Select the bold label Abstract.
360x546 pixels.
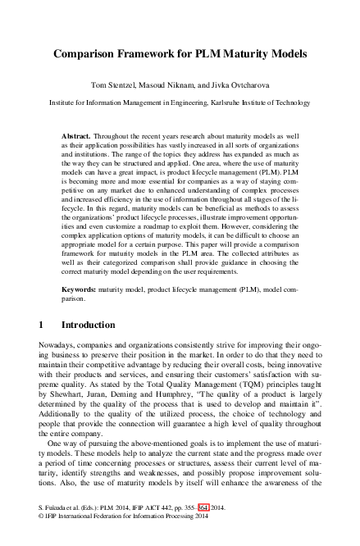(x=76, y=133)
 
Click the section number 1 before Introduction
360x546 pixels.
(x=42, y=325)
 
